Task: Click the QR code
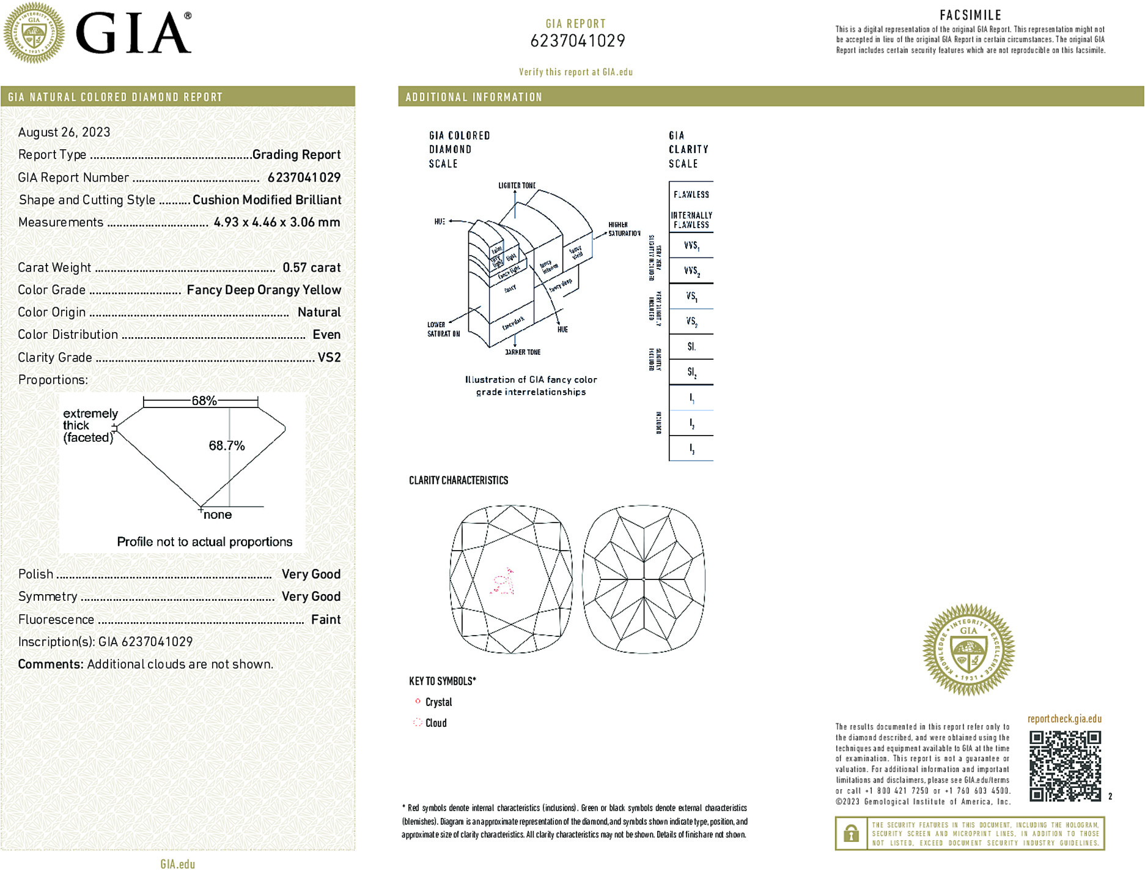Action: (1064, 765)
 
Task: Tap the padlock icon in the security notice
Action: (851, 833)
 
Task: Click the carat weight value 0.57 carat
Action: (311, 267)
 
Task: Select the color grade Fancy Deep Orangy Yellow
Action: (263, 290)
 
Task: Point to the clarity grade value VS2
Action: (329, 357)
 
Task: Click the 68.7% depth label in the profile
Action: (226, 445)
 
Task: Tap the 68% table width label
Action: (204, 401)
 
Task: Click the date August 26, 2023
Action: (64, 132)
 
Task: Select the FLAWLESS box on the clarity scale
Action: (691, 195)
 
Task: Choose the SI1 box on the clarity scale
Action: (691, 347)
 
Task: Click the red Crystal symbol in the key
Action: (418, 701)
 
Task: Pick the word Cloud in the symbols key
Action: (436, 723)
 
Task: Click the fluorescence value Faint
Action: (325, 619)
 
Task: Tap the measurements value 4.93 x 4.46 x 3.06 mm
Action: (276, 222)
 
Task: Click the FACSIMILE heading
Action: (970, 15)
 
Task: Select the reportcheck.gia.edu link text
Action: (1064, 719)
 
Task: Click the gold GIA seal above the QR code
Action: (968, 650)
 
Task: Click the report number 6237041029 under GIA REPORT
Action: (577, 41)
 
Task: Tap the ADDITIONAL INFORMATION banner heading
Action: (474, 97)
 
